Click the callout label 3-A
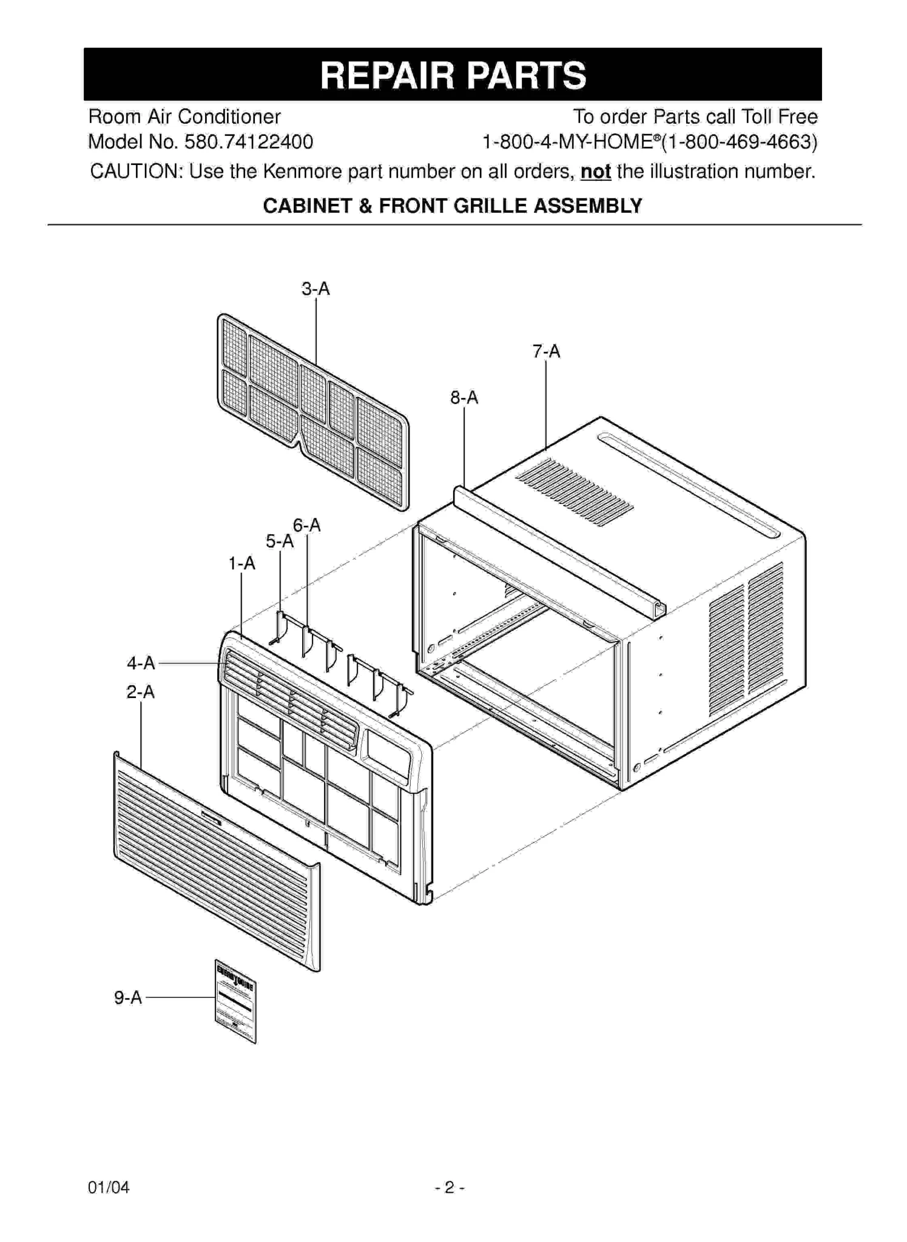(315, 289)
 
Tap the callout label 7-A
(546, 352)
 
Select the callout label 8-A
(464, 398)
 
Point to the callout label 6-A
(306, 525)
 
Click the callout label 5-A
(280, 541)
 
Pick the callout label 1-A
(241, 564)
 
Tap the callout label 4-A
(141, 663)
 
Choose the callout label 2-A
(140, 692)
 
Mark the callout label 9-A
(128, 998)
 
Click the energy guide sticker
(235, 1001)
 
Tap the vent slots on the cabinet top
(574, 492)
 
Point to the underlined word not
(595, 172)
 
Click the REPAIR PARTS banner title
(453, 75)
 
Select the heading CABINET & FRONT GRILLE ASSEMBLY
(452, 206)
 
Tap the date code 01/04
(109, 1187)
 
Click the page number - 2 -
(450, 1187)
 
